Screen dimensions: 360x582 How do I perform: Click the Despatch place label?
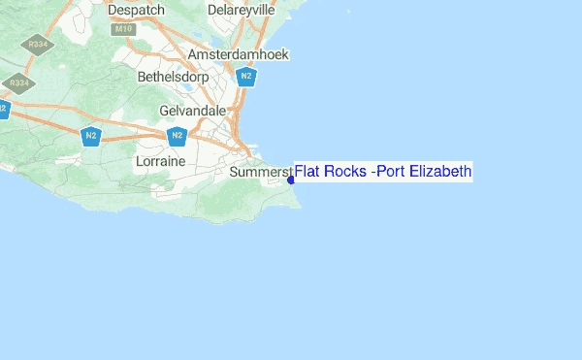[137, 10]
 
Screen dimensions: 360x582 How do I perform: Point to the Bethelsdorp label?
[174, 76]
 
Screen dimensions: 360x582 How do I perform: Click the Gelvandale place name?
[192, 111]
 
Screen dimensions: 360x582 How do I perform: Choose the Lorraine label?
[160, 158]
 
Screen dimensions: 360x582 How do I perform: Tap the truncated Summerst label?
[262, 173]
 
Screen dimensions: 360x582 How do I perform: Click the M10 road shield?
[122, 29]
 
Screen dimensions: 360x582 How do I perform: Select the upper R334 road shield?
[40, 44]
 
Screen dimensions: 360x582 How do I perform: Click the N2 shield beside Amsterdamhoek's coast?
[247, 77]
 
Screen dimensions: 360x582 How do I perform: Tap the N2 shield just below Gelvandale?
[177, 136]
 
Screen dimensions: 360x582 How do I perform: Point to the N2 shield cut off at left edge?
[3, 109]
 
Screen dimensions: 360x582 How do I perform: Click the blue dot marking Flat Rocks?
[291, 179]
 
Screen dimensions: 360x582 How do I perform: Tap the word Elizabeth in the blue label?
[440, 172]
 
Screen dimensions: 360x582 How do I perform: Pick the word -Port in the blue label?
[390, 172]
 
